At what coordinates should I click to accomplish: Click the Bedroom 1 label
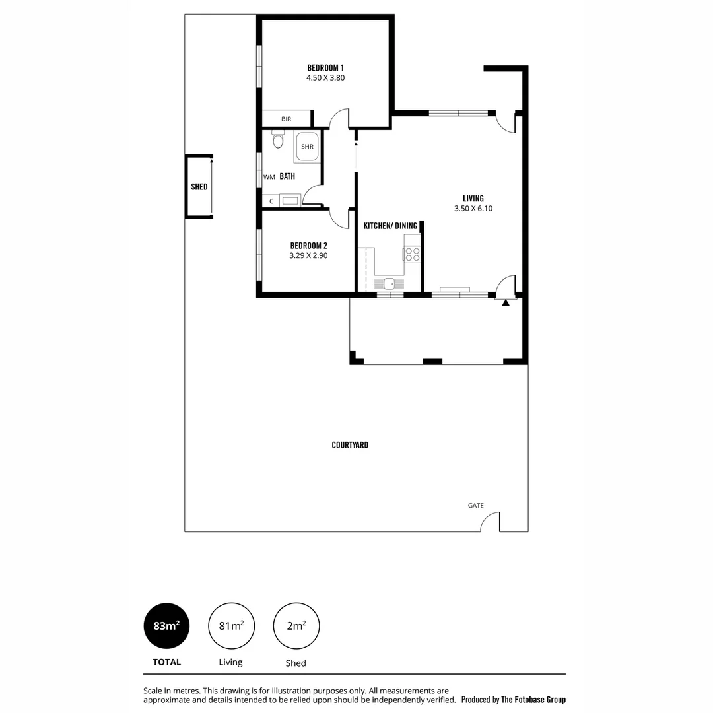pos(325,67)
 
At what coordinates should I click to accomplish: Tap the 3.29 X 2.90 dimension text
pos(308,255)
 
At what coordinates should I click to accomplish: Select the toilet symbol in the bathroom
pos(277,139)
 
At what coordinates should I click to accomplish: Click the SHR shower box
pos(307,147)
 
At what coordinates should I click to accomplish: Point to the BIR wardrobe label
pos(286,119)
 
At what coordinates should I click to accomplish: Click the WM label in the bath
pos(269,177)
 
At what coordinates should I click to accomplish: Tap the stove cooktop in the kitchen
pos(413,254)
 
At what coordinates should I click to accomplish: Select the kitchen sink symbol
pos(390,283)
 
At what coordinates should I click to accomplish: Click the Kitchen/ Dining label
pos(390,226)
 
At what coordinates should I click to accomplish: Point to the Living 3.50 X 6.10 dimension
pos(473,209)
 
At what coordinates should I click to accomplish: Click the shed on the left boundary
pos(199,187)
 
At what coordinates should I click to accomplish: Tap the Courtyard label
pos(350,445)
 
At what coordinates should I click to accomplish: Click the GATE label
pos(476,506)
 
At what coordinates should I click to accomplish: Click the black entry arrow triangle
pos(506,302)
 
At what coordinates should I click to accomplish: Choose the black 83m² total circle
pos(166,626)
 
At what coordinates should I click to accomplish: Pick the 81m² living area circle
pos(231,626)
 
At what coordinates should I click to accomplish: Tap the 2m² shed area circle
pos(296,626)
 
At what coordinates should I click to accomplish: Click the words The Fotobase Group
pos(533,700)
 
